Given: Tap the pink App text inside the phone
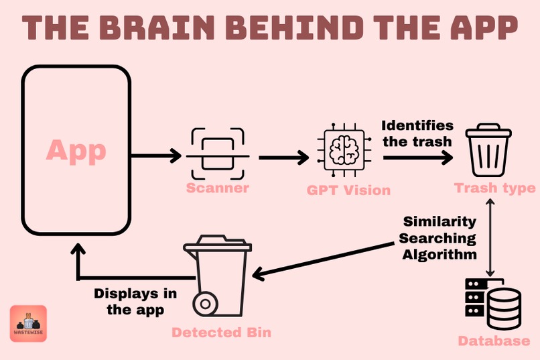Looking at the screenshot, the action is click(76, 151).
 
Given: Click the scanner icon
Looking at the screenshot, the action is click(218, 154).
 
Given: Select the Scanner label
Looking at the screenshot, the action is click(218, 188).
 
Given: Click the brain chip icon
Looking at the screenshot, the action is click(344, 150).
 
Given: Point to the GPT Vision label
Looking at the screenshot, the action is click(348, 190).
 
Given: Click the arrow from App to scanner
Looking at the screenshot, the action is click(156, 156).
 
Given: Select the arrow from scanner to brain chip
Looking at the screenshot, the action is click(284, 158).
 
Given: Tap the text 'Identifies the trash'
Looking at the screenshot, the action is click(417, 134).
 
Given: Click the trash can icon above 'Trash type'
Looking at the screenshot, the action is click(488, 150).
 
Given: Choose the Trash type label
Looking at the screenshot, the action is click(495, 188).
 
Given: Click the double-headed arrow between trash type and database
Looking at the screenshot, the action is click(490, 237).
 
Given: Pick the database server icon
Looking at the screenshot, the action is click(493, 304).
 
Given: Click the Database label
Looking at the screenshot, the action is click(494, 341).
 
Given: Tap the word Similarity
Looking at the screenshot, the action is click(440, 221).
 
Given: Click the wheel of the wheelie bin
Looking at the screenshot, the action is click(205, 304).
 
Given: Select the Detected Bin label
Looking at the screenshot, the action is click(222, 333).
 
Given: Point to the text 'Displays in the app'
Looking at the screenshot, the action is click(135, 302).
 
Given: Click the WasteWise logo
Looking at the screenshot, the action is click(28, 323).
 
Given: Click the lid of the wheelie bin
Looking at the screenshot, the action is click(218, 244).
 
